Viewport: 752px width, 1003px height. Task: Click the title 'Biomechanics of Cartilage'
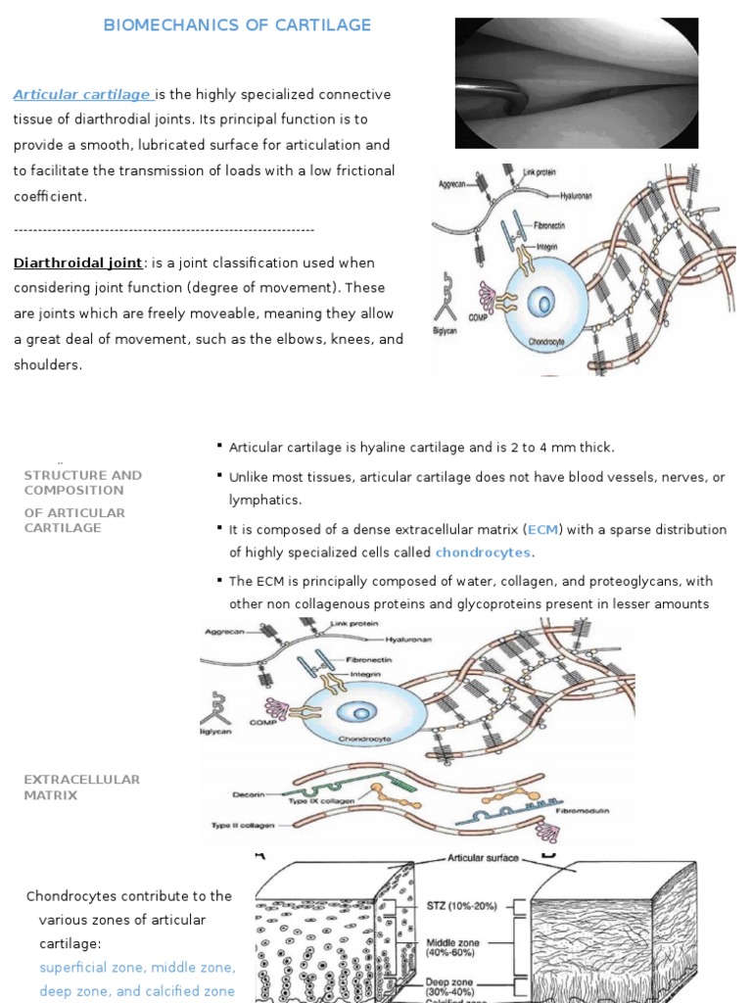(x=238, y=25)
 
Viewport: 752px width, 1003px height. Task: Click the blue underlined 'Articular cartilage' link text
(x=82, y=94)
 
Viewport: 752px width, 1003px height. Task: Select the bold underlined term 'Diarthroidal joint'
(x=77, y=263)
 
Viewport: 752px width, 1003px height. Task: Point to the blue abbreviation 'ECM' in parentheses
(x=542, y=529)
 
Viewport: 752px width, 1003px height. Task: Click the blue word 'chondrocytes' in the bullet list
(x=484, y=552)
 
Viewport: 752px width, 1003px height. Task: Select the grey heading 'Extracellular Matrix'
(x=81, y=788)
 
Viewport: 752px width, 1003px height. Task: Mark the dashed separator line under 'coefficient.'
(x=164, y=229)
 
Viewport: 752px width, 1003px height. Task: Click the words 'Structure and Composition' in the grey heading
(x=82, y=482)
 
